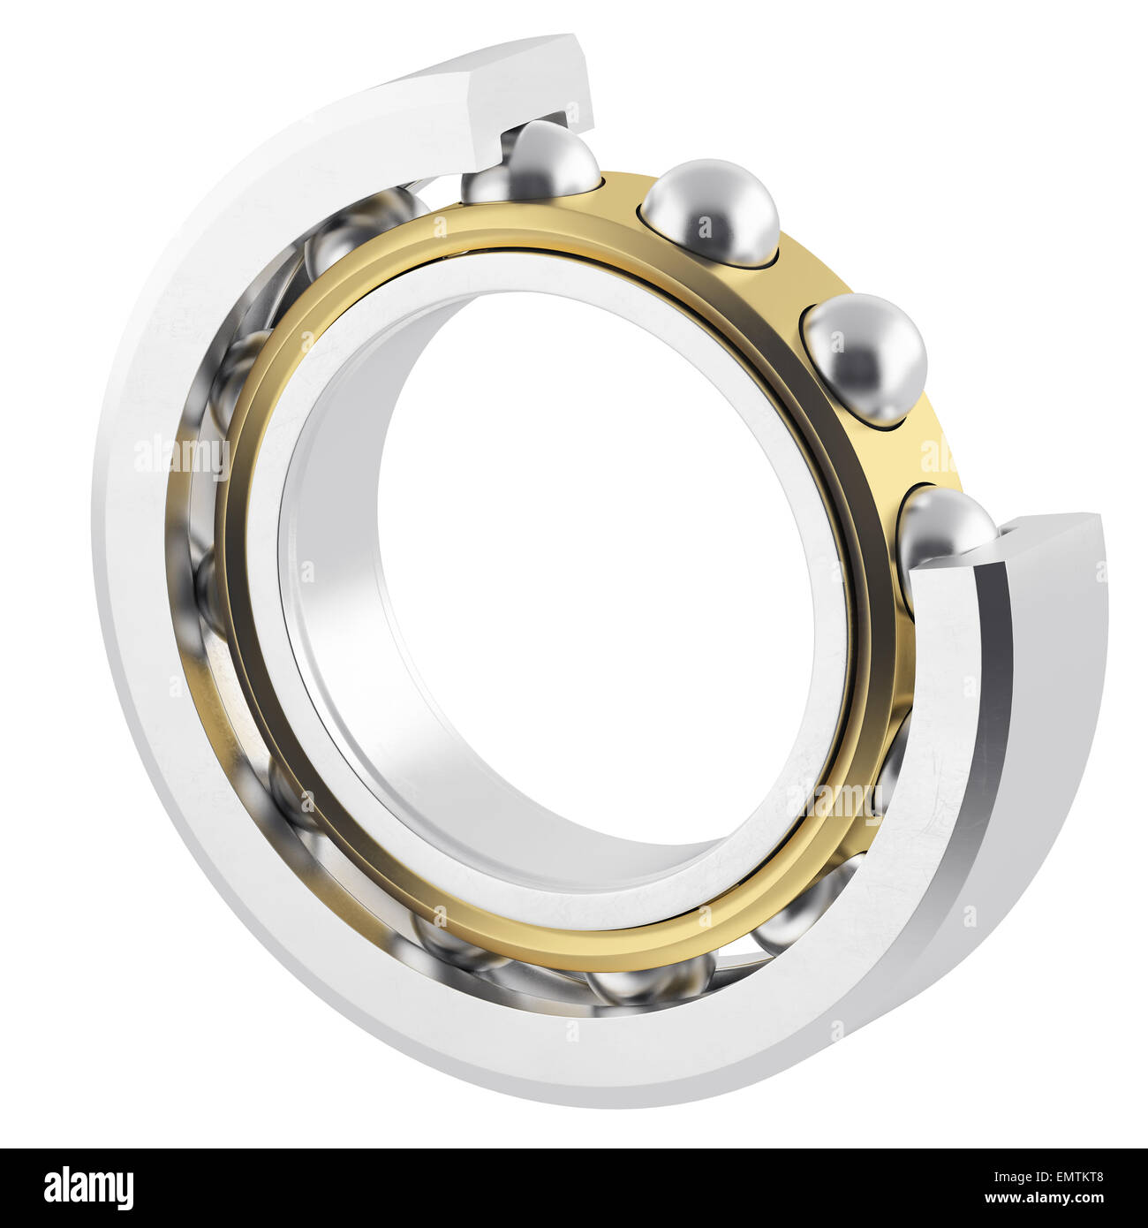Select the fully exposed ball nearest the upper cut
pos(711,212)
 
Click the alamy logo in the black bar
pos(88,1187)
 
